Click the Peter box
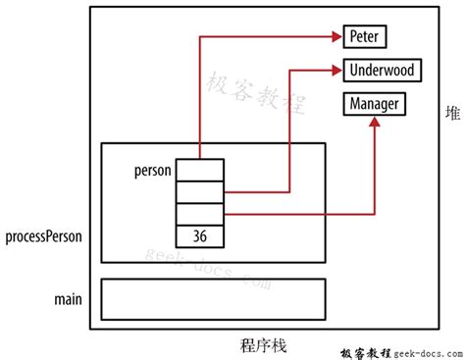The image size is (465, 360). click(366, 37)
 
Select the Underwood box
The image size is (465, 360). click(383, 70)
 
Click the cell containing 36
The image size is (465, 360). click(200, 236)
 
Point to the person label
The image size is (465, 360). click(153, 170)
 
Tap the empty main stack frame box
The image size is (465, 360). click(214, 299)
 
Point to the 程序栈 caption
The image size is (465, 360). click(264, 344)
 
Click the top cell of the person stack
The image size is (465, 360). click(200, 170)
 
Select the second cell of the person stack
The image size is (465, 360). click(200, 192)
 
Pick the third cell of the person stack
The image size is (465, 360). click(200, 214)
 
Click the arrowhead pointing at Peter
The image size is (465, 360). click(336, 37)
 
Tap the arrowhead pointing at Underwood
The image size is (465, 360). click(336, 70)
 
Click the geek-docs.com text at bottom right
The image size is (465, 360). click(425, 351)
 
